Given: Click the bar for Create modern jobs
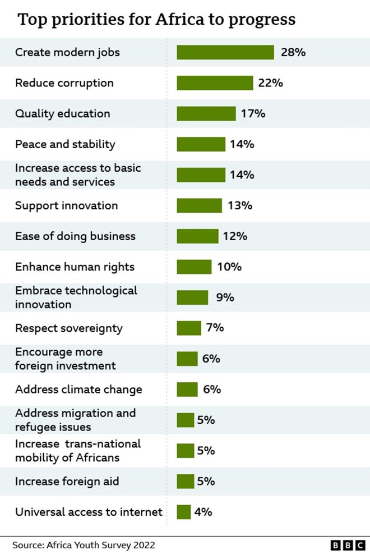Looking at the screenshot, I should coord(225,52).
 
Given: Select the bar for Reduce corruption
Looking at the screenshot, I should coord(215,83).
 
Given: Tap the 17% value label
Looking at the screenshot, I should coord(253,113).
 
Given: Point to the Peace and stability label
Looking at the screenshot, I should coord(65,144).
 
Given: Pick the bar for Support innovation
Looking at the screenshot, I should coord(199,205).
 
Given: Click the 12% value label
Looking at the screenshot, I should coord(235,236).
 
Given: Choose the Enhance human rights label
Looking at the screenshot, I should coord(75,267).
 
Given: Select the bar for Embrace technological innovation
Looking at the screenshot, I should coord(192,297).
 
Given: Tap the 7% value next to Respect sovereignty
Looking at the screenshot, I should coord(215,328).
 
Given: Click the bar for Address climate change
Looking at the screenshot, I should coord(187,390).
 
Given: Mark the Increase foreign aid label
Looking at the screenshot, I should coord(67,482).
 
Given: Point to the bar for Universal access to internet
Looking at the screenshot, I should coord(184,512).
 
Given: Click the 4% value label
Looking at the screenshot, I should coord(203,512).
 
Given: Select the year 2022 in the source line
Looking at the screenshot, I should coord(144,545).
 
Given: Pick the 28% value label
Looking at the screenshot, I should coord(292,52).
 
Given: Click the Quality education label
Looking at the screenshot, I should coord(63,113).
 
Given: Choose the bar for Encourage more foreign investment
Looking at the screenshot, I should coord(187,359).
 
